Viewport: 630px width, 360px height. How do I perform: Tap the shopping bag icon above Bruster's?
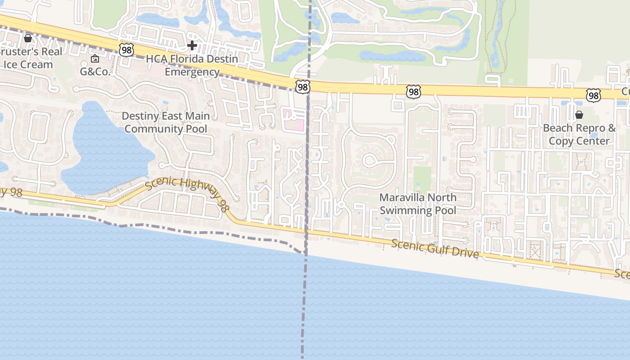28,38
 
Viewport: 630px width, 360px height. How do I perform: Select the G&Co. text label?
95,72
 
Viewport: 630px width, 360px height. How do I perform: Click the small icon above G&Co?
95,58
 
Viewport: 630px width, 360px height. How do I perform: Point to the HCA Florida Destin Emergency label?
192,65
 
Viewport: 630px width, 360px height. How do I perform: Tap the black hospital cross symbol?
192,45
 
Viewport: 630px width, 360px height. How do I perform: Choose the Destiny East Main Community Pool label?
166,122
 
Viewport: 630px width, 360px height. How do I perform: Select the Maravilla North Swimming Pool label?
418,204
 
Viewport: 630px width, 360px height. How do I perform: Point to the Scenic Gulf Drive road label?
435,248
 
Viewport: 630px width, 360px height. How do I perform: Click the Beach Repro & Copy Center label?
579,134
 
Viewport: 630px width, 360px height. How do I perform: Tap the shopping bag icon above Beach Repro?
579,115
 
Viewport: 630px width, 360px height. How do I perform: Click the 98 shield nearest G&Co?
126,50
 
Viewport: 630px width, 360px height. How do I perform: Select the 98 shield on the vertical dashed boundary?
303,86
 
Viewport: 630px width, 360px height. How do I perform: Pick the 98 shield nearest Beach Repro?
594,95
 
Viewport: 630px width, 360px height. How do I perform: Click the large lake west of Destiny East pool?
106,148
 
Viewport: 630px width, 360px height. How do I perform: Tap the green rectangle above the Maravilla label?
422,179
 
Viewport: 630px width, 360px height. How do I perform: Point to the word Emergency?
192,72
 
